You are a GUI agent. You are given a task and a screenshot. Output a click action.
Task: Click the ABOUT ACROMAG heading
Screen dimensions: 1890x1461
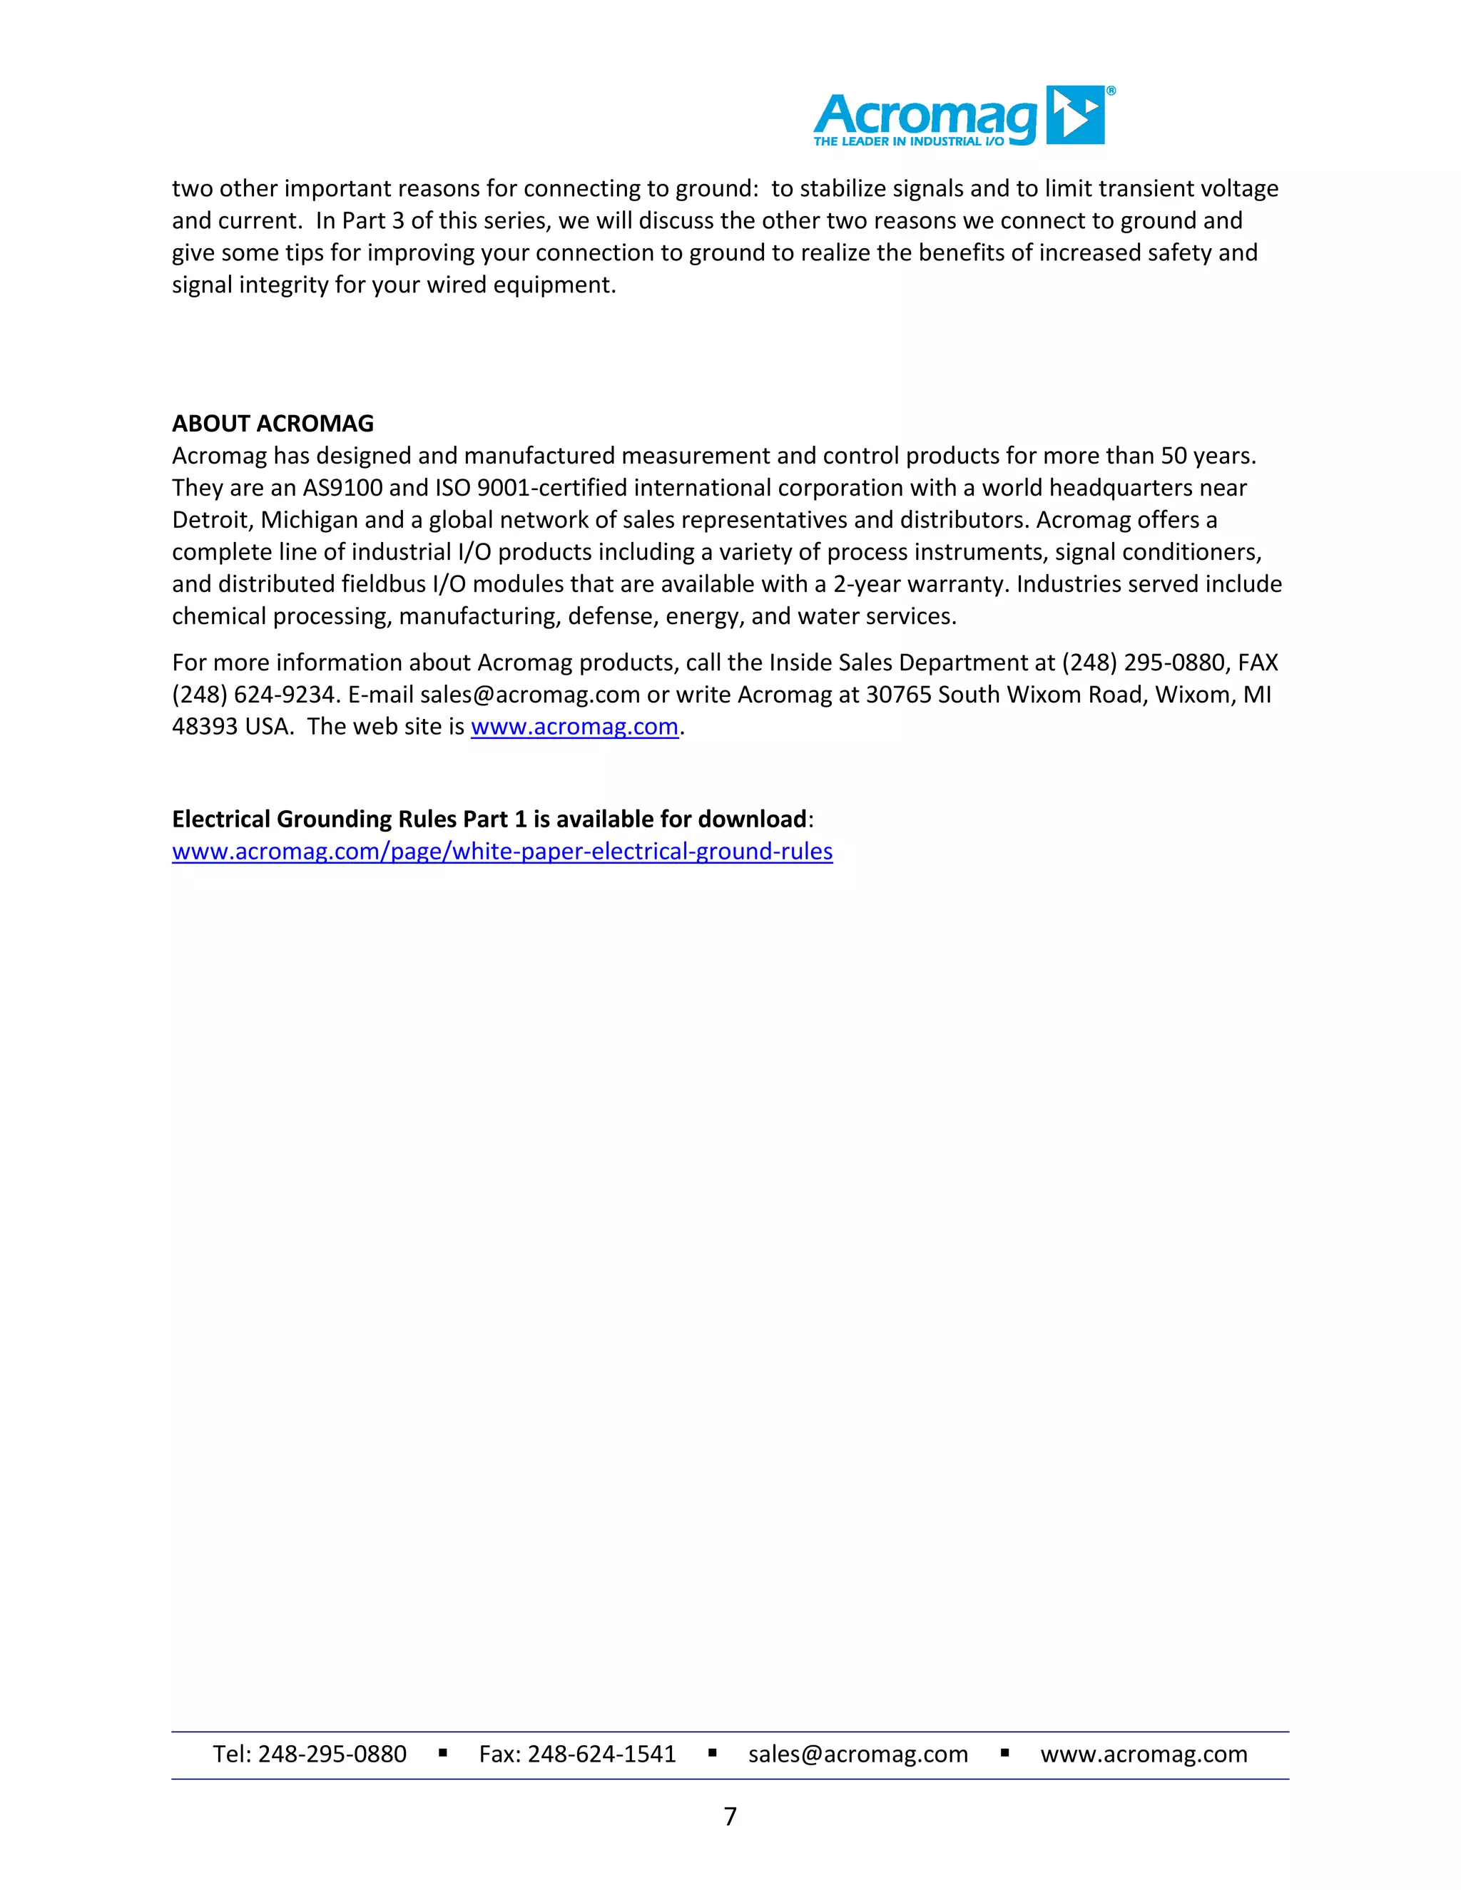(273, 423)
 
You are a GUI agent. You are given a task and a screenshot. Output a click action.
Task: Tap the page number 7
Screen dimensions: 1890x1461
(730, 1816)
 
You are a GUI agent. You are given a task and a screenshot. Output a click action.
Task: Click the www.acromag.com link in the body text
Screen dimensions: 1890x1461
(574, 727)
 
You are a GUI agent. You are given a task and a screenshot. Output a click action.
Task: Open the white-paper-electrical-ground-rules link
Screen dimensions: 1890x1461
(502, 852)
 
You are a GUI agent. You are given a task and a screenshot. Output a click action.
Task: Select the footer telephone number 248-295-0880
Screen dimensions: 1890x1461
(332, 1754)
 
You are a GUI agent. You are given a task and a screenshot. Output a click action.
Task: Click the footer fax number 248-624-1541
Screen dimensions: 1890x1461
(601, 1754)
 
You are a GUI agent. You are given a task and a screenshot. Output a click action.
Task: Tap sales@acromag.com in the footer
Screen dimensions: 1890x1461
(857, 1754)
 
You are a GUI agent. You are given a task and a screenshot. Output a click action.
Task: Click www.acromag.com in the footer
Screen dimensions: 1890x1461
(1144, 1754)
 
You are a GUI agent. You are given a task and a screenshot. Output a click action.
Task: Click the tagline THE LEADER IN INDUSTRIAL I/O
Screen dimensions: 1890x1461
(908, 141)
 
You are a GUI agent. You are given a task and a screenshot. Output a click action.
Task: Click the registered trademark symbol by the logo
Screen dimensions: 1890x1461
(1111, 91)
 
